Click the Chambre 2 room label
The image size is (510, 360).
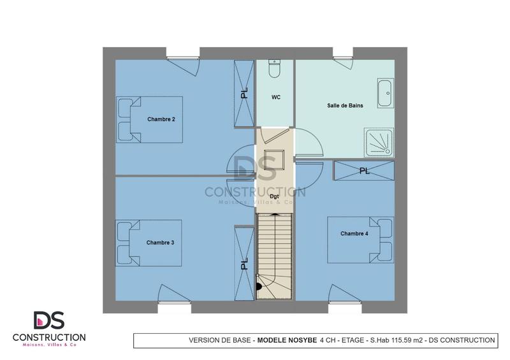(x=161, y=119)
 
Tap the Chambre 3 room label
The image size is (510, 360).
(x=160, y=243)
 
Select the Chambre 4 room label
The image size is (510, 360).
(x=354, y=234)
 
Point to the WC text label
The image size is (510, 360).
(x=275, y=97)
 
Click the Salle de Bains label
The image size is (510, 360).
(x=345, y=106)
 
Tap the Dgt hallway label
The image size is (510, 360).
(x=275, y=196)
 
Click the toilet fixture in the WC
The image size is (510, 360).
(x=275, y=69)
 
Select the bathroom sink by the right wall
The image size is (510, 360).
(x=385, y=94)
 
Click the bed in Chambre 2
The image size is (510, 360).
(x=149, y=119)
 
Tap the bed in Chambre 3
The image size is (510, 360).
(x=149, y=243)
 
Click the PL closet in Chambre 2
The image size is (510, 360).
(x=244, y=94)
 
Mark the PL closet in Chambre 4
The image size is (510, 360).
(x=364, y=171)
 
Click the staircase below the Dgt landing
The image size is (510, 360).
(x=275, y=255)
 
